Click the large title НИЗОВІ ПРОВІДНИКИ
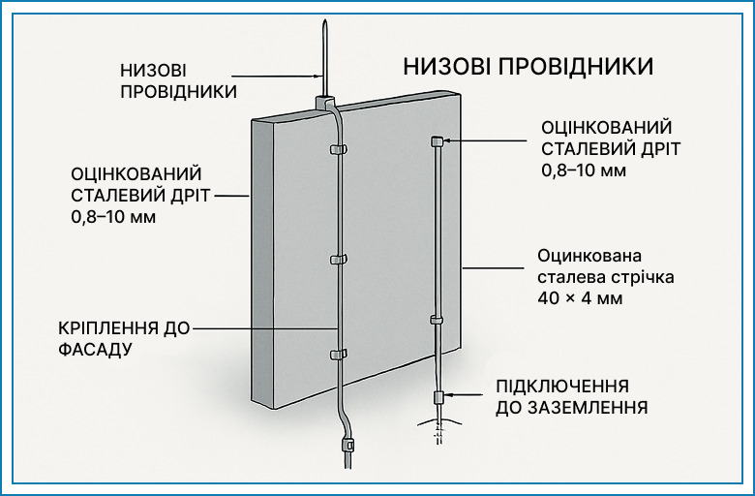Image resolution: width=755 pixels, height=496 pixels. pos(528,67)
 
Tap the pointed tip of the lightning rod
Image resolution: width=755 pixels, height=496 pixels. pos(325,20)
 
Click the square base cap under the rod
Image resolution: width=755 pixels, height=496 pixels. pos(325,102)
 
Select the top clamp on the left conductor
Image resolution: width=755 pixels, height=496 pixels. pos(338,149)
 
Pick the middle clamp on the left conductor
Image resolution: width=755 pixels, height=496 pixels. pos(338,260)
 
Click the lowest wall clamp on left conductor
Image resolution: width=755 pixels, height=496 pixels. pos(338,355)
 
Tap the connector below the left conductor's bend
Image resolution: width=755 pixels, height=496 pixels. pos(347,444)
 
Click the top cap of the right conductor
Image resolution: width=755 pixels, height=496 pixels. pos(437,140)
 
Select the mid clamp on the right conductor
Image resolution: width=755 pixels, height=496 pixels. pos(437,320)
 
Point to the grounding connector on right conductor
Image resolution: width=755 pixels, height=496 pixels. pos(438,397)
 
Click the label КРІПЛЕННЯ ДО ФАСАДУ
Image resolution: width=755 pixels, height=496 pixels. pos(124,338)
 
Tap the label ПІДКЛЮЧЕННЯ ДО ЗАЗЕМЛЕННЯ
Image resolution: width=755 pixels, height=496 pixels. pos(571,397)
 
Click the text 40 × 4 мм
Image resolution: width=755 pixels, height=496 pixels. pos(580,298)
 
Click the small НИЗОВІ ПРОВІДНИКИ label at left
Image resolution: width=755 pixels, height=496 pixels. pos(179,80)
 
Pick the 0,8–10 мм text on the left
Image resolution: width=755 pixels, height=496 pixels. pos(113,217)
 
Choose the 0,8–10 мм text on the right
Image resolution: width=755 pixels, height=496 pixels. pos(584,170)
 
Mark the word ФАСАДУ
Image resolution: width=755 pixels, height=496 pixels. pos(95,349)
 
